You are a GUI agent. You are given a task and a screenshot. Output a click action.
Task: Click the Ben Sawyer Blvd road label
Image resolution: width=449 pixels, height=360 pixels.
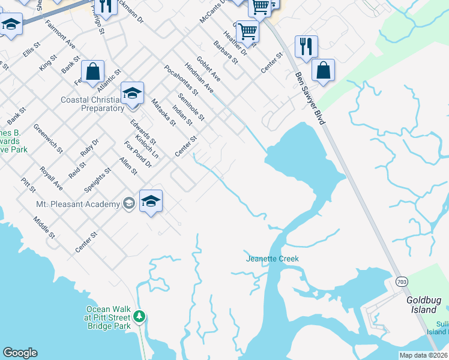coord(310,99)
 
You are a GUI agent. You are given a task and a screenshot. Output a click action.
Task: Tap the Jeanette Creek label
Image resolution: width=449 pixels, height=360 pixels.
coord(272,259)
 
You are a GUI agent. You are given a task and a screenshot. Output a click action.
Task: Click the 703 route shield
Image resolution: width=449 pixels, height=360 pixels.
coord(402,281)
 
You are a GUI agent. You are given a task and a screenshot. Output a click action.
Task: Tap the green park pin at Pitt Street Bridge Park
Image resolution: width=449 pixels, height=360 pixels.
coord(139,316)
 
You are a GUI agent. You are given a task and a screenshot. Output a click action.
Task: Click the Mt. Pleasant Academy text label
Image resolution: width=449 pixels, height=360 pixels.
coord(78,205)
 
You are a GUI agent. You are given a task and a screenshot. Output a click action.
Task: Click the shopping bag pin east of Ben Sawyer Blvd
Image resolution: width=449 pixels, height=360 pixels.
coord(323,70)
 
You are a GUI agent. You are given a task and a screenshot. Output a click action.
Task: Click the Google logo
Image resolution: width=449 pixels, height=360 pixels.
coord(20,353)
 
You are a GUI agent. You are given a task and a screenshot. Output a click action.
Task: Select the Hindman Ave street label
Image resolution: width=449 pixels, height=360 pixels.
coord(199,77)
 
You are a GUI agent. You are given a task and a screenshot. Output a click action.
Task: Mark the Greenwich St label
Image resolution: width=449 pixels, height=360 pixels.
coord(48,138)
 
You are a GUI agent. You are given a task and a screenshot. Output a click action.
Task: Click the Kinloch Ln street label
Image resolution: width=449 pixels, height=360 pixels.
coord(146,147)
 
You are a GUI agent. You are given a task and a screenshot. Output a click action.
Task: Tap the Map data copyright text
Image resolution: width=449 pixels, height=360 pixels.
coord(424,355)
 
